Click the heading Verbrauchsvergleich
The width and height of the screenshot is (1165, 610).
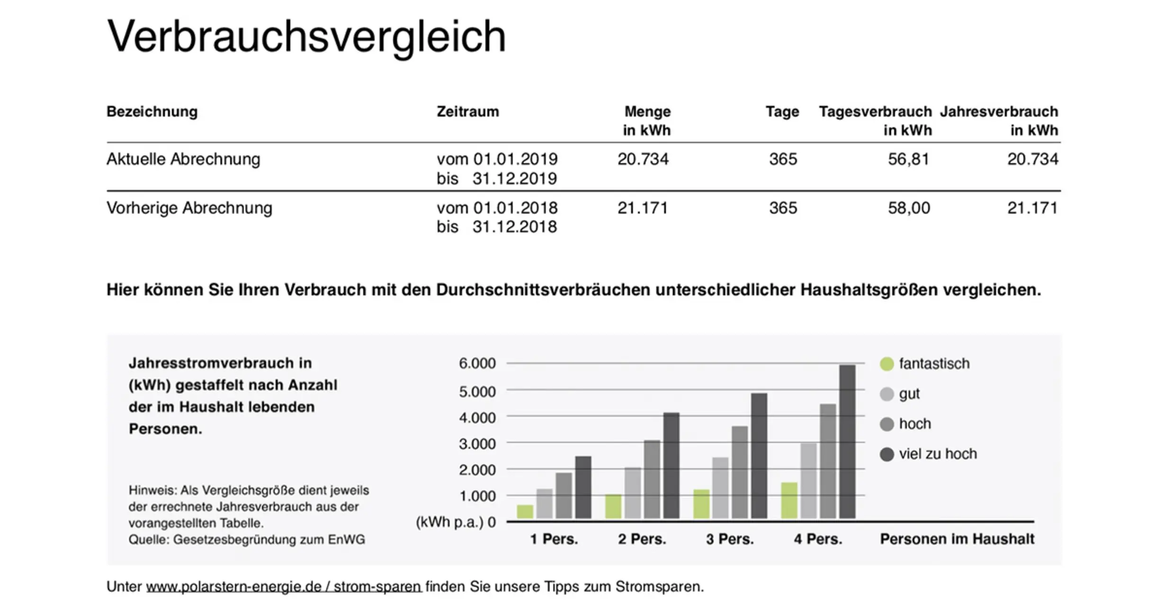(x=306, y=37)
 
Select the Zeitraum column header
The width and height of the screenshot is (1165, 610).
(x=467, y=112)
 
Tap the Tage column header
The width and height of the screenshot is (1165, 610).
(x=782, y=112)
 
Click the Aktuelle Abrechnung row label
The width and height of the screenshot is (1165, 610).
(x=183, y=159)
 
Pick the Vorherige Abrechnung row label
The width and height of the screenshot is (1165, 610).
(x=189, y=208)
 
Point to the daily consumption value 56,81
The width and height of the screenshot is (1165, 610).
(x=908, y=159)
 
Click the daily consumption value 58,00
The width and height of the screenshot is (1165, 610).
(x=909, y=208)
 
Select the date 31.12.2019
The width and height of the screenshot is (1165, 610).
(x=514, y=179)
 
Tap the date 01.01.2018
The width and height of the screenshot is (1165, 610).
(x=515, y=208)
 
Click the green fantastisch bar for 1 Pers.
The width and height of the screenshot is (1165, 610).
(x=525, y=511)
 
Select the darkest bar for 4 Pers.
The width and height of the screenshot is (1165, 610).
(x=847, y=441)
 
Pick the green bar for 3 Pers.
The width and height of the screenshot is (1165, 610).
(x=701, y=504)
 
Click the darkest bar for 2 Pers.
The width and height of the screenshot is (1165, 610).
(x=671, y=465)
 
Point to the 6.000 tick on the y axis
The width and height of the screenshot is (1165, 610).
(x=477, y=363)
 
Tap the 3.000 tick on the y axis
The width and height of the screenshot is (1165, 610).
(x=477, y=444)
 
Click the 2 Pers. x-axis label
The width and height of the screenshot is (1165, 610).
(x=642, y=539)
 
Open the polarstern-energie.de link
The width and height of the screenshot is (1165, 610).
(x=283, y=586)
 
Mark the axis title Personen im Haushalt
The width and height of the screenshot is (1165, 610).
(x=957, y=539)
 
